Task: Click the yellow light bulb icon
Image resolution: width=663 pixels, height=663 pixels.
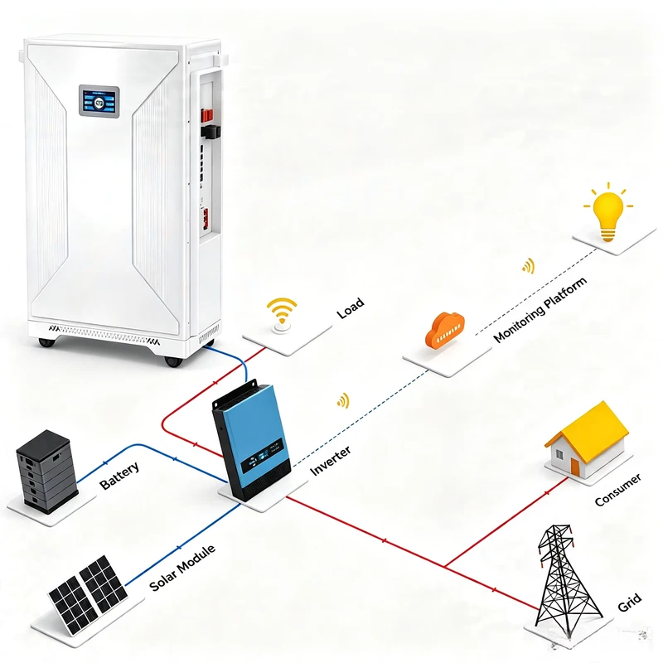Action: click(608, 212)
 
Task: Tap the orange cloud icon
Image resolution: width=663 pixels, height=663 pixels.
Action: click(445, 330)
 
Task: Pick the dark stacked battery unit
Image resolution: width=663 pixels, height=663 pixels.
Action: click(46, 472)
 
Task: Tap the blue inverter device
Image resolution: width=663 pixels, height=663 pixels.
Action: click(252, 441)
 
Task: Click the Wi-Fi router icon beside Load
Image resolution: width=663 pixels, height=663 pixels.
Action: click(282, 316)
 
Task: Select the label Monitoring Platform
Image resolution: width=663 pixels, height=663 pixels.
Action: click(540, 309)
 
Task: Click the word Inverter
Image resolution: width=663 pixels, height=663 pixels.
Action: click(330, 461)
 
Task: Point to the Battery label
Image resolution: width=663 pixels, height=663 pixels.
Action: click(119, 476)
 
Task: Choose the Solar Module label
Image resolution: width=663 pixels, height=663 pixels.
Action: click(182, 568)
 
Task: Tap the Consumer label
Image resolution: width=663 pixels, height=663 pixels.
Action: click(617, 490)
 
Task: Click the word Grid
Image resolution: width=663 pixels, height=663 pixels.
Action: click(630, 603)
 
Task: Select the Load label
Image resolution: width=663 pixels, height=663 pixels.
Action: click(350, 307)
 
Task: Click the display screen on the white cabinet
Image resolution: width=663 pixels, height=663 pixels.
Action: click(99, 101)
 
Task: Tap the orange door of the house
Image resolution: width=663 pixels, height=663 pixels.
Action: click(575, 467)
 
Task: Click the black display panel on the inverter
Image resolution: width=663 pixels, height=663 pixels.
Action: click(262, 457)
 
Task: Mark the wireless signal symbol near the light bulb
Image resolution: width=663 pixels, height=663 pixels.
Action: click(529, 266)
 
